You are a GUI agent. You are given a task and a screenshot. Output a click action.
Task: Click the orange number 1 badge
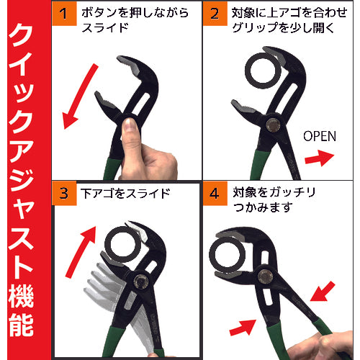64,14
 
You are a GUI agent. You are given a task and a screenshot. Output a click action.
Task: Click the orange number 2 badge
215,14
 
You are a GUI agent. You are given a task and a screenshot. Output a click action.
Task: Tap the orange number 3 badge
64,193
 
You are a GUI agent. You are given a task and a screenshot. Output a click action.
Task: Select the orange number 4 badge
215,193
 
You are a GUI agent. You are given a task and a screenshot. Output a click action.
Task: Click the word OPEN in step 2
320,136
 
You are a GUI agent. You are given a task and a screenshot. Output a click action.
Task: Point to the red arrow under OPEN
319,158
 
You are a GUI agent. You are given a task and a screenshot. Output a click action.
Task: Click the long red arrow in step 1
80,96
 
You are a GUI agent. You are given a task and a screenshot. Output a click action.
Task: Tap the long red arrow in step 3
81,252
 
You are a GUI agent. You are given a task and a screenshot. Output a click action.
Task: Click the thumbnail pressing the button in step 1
130,125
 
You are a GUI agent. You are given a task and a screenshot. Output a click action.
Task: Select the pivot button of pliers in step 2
273,125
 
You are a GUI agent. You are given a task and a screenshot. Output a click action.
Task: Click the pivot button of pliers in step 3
141,282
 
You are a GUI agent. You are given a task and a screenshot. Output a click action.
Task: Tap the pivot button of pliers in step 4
265,276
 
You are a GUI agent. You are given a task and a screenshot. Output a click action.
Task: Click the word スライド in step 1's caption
105,28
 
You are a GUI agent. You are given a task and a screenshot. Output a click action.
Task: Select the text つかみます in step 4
263,207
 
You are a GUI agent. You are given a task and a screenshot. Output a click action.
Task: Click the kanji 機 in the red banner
21,297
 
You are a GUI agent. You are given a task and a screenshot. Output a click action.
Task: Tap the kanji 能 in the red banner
21,325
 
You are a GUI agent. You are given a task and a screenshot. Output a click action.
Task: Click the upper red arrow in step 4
323,292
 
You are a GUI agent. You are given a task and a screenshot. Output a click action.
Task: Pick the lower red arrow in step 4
243,328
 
